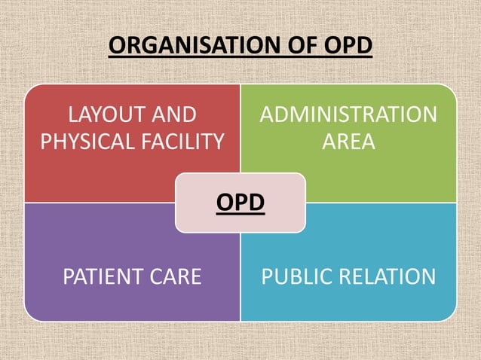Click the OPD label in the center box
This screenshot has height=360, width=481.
[240, 203]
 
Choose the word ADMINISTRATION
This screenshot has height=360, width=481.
[348, 115]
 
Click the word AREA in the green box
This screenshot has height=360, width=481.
[348, 141]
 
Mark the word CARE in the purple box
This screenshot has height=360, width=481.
[174, 276]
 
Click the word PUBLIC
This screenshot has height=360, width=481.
[293, 276]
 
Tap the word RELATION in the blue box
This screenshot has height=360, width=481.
[384, 276]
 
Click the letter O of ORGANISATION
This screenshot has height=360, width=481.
[116, 46]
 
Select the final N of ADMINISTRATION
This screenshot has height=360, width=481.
[429, 115]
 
